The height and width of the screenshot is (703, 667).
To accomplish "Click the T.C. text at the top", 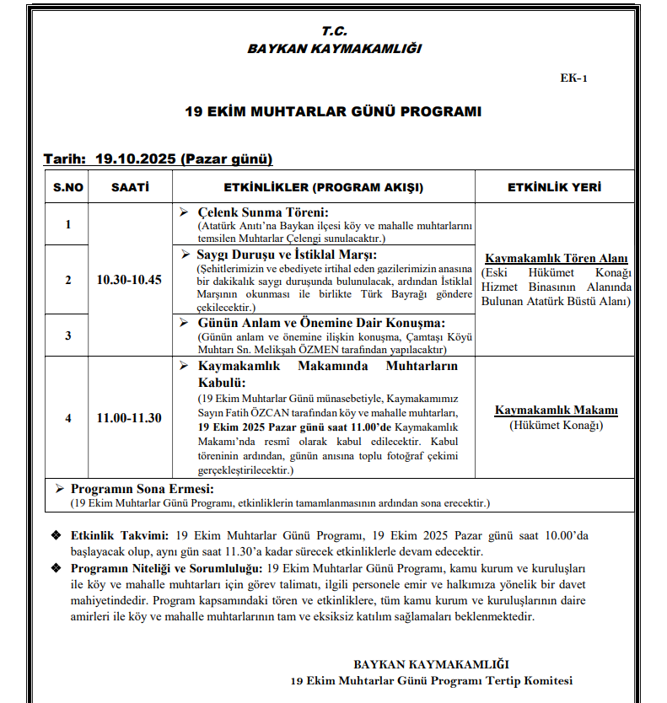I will coord(334,31).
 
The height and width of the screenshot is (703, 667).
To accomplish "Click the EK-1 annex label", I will coord(573,78).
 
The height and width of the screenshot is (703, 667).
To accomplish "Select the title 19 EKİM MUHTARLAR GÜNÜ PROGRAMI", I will coord(334,111).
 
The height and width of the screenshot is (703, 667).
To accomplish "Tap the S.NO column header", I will coord(67,187).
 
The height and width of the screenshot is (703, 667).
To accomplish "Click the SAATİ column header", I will coord(130,187).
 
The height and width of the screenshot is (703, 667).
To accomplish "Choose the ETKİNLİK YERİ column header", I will coord(554,187).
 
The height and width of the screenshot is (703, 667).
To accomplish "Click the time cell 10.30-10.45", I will coord(129,280).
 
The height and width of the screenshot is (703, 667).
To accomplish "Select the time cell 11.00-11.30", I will coord(129,418).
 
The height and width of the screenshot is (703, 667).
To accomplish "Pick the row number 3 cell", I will coord(67,335).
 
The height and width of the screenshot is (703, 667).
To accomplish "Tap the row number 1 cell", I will coord(67,224).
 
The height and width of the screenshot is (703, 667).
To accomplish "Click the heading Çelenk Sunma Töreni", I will coord(262,212).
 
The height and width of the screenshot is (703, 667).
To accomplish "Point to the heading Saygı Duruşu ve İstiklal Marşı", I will coord(287,255).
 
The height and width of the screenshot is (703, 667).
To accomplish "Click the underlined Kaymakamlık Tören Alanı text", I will coord(556,259).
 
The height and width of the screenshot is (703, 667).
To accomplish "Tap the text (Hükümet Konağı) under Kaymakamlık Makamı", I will coord(556,425).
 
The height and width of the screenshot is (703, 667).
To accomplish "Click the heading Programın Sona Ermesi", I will coord(142,489).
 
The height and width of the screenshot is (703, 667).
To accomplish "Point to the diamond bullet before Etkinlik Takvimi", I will coord(56,536).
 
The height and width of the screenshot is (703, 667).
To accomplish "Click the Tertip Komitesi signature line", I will coord(430,679).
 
